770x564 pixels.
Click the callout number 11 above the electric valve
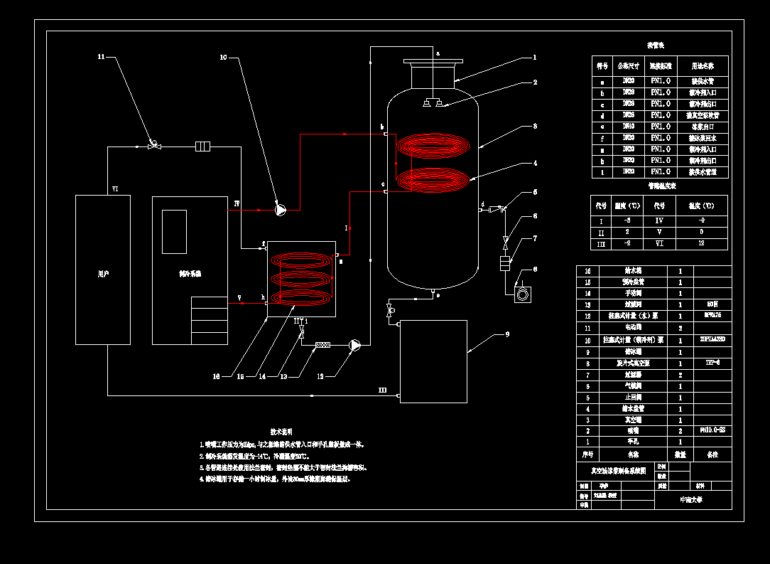pyautogui.click(x=101, y=56)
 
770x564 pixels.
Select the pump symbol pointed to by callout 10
pyautogui.click(x=280, y=210)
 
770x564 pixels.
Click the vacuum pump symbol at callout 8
pyautogui.click(x=524, y=293)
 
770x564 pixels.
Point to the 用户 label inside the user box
pyautogui.click(x=102, y=273)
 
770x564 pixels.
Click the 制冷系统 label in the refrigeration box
pyautogui.click(x=190, y=273)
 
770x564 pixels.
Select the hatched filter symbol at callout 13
pyautogui.click(x=323, y=345)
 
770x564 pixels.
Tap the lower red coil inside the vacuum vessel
pyautogui.click(x=433, y=181)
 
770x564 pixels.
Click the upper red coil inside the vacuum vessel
pyautogui.click(x=433, y=147)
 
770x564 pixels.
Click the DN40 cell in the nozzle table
pyautogui.click(x=628, y=127)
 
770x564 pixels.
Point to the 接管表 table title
pyautogui.click(x=656, y=46)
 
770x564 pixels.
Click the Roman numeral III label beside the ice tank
pyautogui.click(x=382, y=390)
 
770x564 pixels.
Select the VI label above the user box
pyautogui.click(x=115, y=188)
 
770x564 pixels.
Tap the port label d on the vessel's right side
pyautogui.click(x=483, y=205)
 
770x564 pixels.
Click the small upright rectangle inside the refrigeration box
pyautogui.click(x=174, y=231)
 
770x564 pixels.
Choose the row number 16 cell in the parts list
pyautogui.click(x=587, y=271)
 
